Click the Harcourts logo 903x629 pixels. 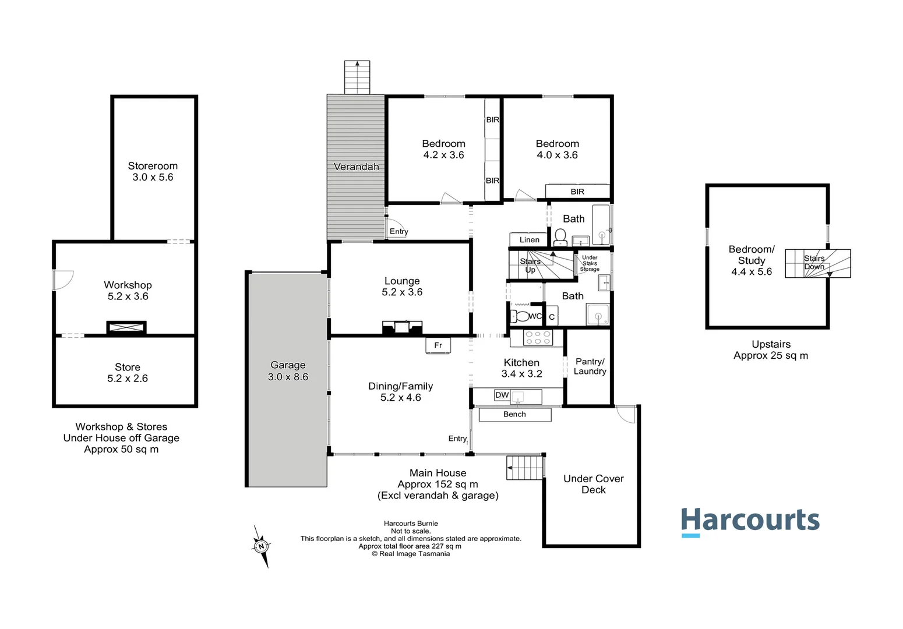pos(750,521)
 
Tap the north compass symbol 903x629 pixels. pos(262,546)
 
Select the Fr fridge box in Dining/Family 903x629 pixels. pos(438,345)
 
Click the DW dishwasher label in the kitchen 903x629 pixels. pos(502,395)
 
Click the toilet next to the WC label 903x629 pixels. pos(520,316)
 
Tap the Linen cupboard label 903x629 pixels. pos(529,239)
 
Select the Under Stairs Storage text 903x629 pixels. pos(590,263)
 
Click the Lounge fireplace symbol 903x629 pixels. pos(401,327)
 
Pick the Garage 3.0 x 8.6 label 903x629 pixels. pos(288,371)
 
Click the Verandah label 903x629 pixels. pos(356,167)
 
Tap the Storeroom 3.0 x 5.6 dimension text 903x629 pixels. pos(153,177)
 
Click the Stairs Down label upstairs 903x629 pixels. pos(814,262)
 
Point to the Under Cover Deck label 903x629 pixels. pos(593,484)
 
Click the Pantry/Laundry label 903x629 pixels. pos(590,366)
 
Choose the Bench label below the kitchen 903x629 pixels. pos(514,414)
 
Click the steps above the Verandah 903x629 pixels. pos(357,77)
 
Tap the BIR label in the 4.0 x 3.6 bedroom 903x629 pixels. pos(577,192)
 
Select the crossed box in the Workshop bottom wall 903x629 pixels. pos(126,328)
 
